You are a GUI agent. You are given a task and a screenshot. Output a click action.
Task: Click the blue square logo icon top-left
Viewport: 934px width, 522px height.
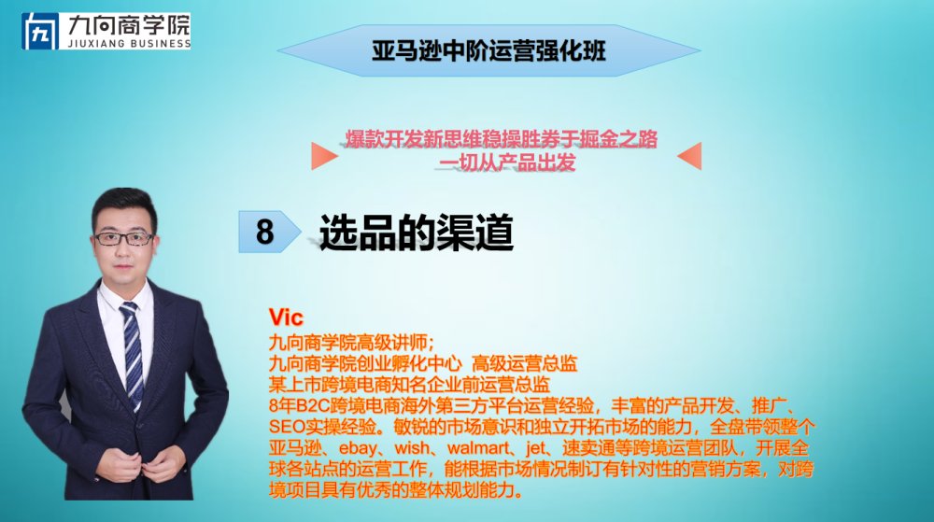(x=40, y=31)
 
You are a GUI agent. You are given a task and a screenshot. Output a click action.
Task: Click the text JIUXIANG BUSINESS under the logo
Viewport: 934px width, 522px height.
(x=129, y=44)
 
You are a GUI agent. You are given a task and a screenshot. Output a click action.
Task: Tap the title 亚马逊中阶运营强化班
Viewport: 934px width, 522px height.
(x=488, y=50)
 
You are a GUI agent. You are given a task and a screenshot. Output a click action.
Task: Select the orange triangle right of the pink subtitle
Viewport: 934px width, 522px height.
(x=689, y=156)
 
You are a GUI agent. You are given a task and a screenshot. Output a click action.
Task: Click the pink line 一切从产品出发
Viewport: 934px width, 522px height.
(x=507, y=162)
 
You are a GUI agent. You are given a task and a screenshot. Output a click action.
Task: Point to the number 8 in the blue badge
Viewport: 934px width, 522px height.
(x=264, y=232)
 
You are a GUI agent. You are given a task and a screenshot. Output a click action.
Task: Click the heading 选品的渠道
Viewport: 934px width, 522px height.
(x=416, y=233)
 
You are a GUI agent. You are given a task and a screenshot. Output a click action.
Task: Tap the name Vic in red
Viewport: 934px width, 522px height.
(x=286, y=317)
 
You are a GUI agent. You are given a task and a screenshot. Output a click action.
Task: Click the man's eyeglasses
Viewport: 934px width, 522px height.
(x=124, y=239)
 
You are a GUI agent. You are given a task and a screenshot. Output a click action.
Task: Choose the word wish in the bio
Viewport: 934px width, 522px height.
(x=412, y=447)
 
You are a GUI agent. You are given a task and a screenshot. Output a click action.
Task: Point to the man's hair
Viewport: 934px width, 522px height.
(x=124, y=205)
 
